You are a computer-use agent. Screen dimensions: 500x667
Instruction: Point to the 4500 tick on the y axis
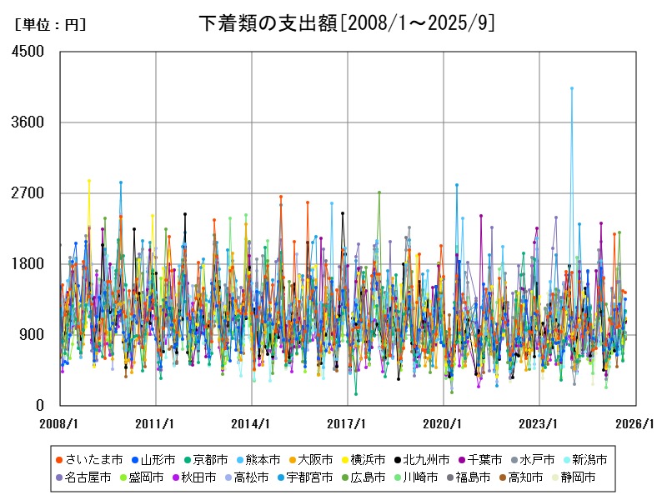[x=29, y=52]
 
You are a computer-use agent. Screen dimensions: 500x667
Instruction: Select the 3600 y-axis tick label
[x=29, y=122]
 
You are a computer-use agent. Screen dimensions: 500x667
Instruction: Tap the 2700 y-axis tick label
[x=29, y=193]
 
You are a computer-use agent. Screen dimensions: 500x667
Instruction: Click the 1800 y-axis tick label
[x=29, y=264]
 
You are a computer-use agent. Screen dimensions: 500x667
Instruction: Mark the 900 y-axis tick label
[x=33, y=335]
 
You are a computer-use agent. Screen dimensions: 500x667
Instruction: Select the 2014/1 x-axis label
[x=252, y=423]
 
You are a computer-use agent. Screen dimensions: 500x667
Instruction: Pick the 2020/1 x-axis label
[x=444, y=423]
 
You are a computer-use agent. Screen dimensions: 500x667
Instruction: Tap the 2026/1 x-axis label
[x=635, y=423]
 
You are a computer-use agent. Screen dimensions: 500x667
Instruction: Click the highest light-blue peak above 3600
[x=572, y=88]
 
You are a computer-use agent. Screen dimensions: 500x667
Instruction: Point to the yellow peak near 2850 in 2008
[x=88, y=181]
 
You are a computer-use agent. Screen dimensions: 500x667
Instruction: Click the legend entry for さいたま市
[x=89, y=460]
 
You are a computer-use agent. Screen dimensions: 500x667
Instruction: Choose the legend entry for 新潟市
[x=583, y=460]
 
